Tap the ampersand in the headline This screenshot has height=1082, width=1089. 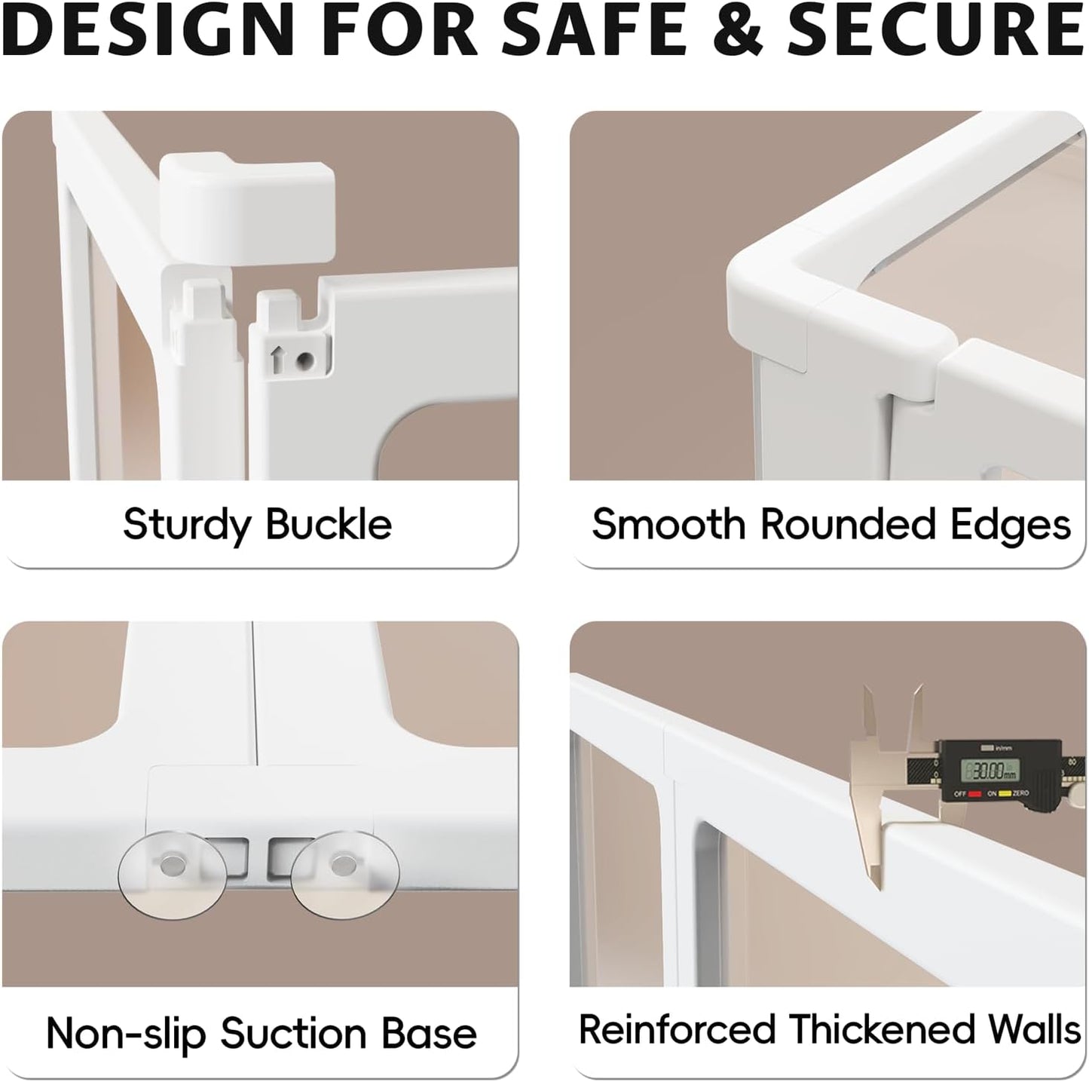tap(739, 29)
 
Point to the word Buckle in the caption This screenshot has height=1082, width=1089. tap(329, 523)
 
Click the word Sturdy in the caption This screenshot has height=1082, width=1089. tap(186, 526)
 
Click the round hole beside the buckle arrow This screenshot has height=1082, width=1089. tap(306, 359)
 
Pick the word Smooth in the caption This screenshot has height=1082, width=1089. tap(668, 523)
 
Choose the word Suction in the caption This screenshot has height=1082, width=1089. tap(292, 1034)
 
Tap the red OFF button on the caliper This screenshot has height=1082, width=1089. tap(974, 794)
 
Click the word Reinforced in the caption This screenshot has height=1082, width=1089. tap(678, 1028)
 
